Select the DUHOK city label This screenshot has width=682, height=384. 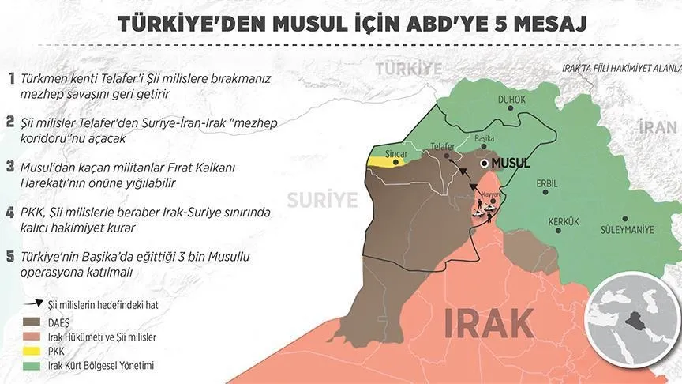[x=511, y=100]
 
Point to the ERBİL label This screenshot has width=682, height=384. [x=546, y=183]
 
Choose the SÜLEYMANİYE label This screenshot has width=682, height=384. [x=628, y=231]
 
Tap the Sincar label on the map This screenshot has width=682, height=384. [x=386, y=149]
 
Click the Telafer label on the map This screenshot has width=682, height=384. [x=443, y=145]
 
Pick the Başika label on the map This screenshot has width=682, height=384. [x=485, y=137]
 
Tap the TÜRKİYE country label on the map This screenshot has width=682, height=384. [x=409, y=69]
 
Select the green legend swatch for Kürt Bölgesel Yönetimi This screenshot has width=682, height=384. [x=33, y=365]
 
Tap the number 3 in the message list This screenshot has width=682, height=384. [x=10, y=167]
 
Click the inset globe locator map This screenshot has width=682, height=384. [x=631, y=321]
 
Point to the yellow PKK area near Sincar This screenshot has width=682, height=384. [x=383, y=161]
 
